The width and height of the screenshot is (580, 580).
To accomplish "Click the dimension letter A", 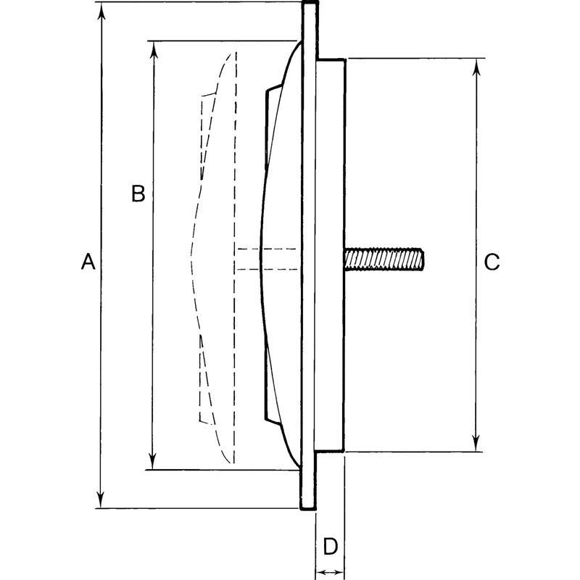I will (x=88, y=262).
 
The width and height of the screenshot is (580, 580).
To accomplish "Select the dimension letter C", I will (x=492, y=262).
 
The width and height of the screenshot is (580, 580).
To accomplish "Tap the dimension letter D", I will (x=330, y=545).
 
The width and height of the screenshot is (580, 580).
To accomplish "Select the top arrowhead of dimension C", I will (x=476, y=67).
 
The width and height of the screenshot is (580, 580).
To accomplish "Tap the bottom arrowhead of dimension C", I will (x=476, y=444).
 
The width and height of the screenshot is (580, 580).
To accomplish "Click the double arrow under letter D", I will (x=330, y=572).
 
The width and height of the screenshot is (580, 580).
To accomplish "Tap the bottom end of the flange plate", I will (x=308, y=505).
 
